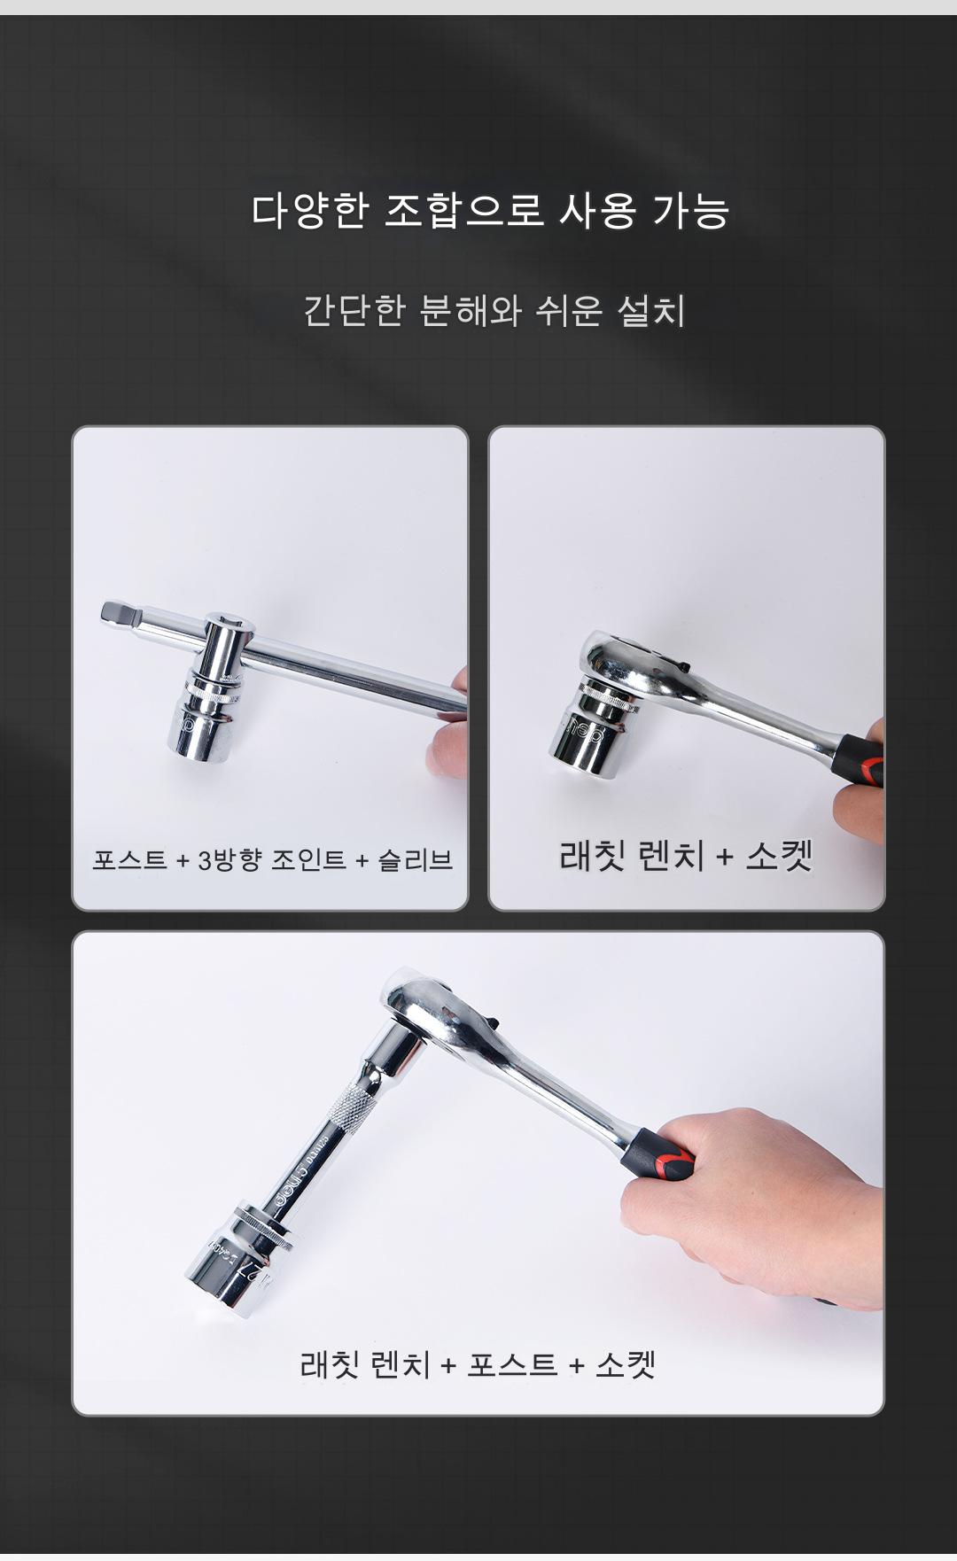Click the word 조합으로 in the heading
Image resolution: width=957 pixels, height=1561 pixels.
click(462, 211)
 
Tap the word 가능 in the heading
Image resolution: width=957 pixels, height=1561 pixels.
click(692, 211)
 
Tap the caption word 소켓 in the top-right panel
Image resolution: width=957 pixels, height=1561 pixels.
click(780, 856)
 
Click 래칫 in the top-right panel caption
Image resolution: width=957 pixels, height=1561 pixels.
click(594, 856)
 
